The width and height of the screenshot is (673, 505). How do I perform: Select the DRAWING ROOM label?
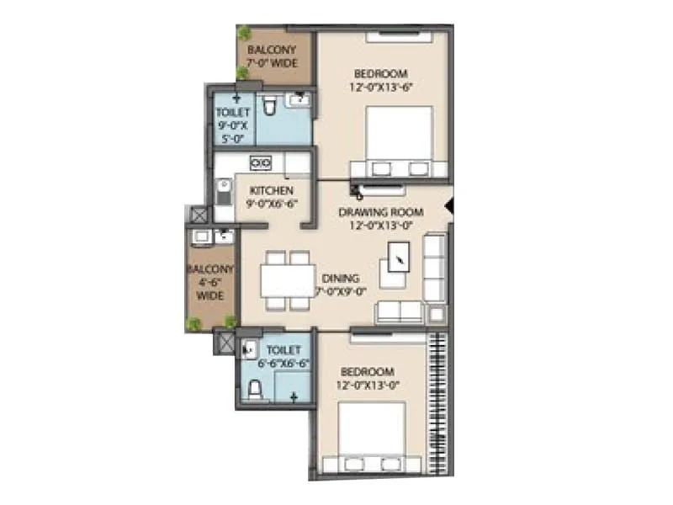click(380, 212)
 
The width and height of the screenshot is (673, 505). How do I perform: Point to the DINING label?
click(340, 278)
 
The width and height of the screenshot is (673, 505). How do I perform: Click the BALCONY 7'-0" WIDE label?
click(271, 55)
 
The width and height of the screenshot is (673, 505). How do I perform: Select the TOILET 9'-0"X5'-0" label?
click(227, 125)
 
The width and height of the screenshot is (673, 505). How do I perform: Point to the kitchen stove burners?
click(261, 162)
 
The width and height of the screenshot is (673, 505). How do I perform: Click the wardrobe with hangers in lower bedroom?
click(437, 404)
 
